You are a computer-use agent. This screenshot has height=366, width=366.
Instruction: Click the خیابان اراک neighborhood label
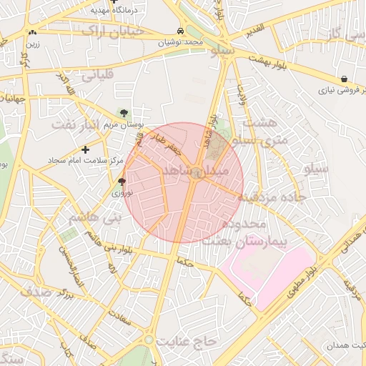(x=113, y=31)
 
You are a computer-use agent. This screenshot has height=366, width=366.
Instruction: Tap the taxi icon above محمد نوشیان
(x=181, y=31)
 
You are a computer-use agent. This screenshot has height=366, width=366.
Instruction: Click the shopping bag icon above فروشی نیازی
(x=345, y=79)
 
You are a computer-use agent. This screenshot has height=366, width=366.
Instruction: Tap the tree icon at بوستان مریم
(x=124, y=112)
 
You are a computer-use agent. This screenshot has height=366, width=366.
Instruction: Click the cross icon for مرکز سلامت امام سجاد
(x=86, y=149)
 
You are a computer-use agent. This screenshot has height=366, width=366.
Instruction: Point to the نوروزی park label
(x=121, y=192)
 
